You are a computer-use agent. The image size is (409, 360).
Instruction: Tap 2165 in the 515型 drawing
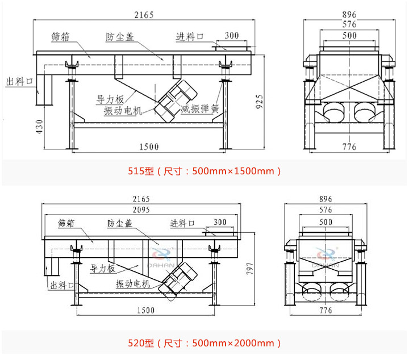(x=144, y=15)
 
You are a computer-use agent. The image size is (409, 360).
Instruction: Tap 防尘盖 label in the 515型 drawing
(x=120, y=37)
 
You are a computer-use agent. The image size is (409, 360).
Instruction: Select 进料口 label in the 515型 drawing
(x=190, y=37)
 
